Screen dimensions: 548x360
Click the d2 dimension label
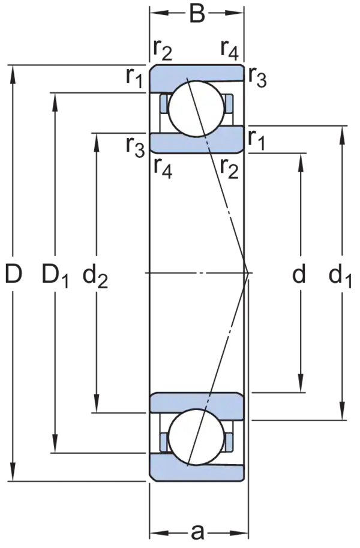pyautogui.click(x=96, y=276)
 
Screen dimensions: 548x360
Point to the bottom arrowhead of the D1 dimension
pyautogui.click(x=55, y=436)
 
